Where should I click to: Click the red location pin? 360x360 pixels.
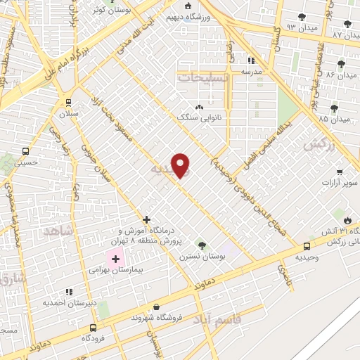click(181, 165)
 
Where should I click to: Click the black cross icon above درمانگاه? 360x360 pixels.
click(147, 220)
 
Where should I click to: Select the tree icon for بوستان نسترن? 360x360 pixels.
click(202, 245)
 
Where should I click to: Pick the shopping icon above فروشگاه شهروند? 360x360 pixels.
click(155, 307)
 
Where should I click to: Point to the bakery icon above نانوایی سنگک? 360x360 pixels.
click(199, 107)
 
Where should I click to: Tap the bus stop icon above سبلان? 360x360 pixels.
click(67, 101)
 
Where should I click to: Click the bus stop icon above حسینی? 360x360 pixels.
click(26, 150)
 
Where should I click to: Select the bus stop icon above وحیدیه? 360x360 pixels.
click(307, 246)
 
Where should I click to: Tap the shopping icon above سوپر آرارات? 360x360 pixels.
click(340, 172)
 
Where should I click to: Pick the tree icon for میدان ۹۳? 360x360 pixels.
click(302, 17)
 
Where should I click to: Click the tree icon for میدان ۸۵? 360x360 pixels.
click(334, 108)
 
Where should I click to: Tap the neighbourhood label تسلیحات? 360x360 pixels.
click(204, 77)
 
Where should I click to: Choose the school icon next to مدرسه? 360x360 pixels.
click(252, 60)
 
